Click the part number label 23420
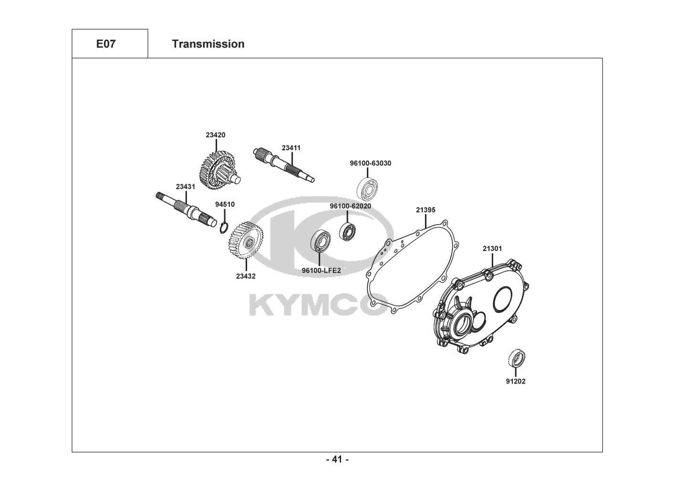(216, 135)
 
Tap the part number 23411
(291, 148)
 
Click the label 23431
(185, 187)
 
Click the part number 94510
(225, 204)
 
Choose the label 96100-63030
(370, 163)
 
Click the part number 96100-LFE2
(321, 270)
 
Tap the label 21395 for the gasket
(426, 209)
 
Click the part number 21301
(492, 249)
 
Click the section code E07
(105, 44)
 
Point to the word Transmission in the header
(208, 44)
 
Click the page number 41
(337, 460)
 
